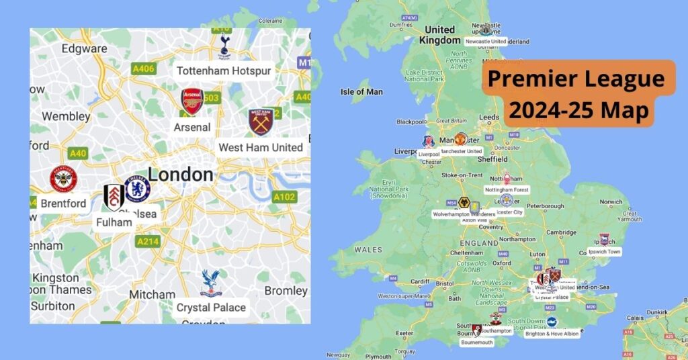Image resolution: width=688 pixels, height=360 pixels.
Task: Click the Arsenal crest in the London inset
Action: point(192,101)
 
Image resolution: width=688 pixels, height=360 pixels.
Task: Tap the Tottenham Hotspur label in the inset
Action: point(224,71)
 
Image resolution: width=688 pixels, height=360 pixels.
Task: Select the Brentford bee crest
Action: point(64,179)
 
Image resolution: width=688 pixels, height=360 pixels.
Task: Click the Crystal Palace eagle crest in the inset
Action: point(211,283)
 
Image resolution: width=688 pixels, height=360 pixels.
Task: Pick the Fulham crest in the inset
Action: point(114,197)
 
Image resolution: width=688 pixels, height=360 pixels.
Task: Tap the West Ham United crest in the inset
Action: point(260,122)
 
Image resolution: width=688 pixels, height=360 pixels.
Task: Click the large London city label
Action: point(180,175)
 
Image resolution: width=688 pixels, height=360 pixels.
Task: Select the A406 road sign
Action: point(143,68)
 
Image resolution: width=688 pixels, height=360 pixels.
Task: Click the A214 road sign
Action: point(147,241)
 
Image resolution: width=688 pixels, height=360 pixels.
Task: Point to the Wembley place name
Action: point(66,116)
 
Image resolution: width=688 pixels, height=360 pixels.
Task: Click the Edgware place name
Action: point(84,48)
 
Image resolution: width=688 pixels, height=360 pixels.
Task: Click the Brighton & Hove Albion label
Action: point(552,333)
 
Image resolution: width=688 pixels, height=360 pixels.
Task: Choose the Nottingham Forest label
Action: point(507,190)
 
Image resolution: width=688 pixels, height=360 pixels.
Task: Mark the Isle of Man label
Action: point(361,91)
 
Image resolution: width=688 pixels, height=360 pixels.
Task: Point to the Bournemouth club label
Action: point(476,342)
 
